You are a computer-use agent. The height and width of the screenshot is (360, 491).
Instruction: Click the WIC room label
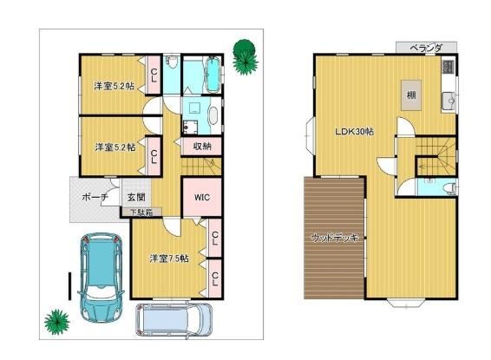click(x=202, y=198)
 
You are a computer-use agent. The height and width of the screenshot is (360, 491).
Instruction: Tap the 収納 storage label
click(x=202, y=147)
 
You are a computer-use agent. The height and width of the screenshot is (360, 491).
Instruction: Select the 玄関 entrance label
click(x=136, y=197)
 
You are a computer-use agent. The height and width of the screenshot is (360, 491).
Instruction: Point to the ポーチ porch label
click(x=95, y=197)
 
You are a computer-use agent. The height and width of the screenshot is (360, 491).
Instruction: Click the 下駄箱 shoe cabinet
click(x=141, y=213)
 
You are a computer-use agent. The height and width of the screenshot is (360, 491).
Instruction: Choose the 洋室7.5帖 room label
click(x=169, y=259)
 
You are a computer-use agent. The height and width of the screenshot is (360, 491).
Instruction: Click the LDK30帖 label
click(x=355, y=132)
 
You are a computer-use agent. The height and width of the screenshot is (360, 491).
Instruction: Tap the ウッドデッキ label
click(x=335, y=239)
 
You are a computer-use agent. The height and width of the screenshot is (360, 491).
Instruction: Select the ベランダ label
click(x=426, y=48)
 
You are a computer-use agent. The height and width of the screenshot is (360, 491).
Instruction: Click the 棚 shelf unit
click(x=411, y=95)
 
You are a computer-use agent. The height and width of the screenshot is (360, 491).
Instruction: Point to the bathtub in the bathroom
click(x=213, y=75)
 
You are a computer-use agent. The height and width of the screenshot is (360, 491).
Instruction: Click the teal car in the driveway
click(x=101, y=278)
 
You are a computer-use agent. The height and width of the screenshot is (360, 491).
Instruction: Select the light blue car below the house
click(x=173, y=320)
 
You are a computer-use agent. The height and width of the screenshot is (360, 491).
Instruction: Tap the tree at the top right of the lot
click(x=245, y=57)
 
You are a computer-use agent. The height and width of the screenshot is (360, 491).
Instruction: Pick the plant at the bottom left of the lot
click(x=56, y=322)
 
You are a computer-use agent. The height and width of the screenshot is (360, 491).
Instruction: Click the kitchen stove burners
click(x=448, y=67)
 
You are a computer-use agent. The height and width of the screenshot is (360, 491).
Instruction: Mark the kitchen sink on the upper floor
click(x=449, y=101)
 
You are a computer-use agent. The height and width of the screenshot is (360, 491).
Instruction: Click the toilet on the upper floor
click(x=450, y=188)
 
